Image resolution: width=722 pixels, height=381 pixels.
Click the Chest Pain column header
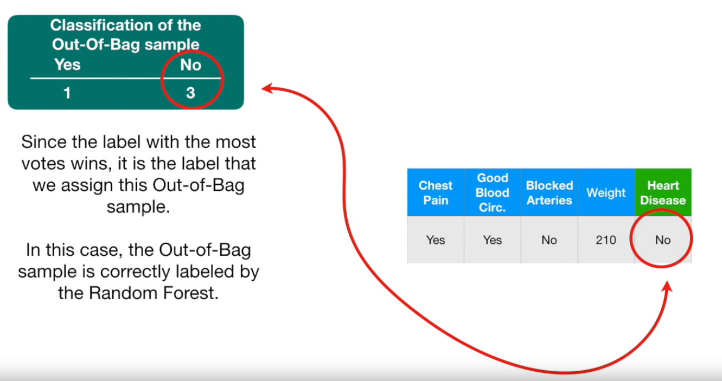click(x=436, y=192)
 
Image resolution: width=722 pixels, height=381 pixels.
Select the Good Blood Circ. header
click(x=493, y=192)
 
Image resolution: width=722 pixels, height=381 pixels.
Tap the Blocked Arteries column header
click(x=550, y=192)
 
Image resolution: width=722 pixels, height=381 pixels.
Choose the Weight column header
click(x=606, y=192)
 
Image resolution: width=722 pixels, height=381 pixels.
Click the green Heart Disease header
click(x=663, y=192)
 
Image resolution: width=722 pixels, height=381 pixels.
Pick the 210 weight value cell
click(x=606, y=240)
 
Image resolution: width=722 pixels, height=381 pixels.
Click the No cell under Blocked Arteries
click(x=550, y=240)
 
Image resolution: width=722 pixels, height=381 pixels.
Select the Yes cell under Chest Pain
click(x=436, y=240)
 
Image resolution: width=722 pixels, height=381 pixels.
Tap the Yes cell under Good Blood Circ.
click(x=493, y=240)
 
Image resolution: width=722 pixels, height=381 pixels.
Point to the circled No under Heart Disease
click(x=663, y=240)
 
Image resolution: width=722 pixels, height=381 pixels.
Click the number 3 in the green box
click(x=190, y=93)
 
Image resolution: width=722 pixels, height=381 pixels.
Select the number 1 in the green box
click(x=67, y=93)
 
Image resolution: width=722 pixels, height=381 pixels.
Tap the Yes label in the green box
click(x=67, y=64)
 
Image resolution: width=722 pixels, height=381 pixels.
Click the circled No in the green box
click(x=191, y=64)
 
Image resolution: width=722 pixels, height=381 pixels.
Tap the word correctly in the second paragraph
click(x=135, y=272)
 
